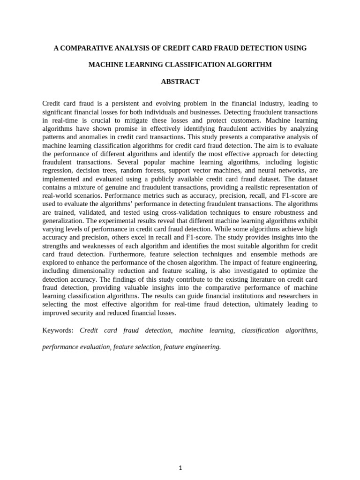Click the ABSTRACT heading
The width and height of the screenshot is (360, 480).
(x=180, y=82)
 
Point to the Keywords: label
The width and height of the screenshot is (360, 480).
(x=58, y=330)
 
